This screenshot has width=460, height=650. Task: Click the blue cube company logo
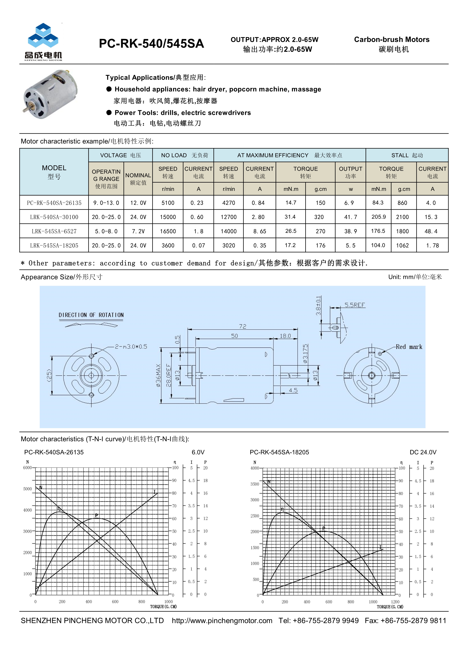(43, 36)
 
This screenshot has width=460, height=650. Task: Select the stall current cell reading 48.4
(431, 231)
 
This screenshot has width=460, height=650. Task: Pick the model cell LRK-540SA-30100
(54, 217)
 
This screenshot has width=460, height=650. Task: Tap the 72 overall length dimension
(242, 326)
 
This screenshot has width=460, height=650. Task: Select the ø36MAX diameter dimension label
(158, 375)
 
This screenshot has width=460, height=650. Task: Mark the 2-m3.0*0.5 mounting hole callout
(131, 347)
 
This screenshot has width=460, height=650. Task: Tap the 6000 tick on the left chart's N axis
(27, 468)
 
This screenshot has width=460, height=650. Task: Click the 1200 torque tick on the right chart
(395, 602)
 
